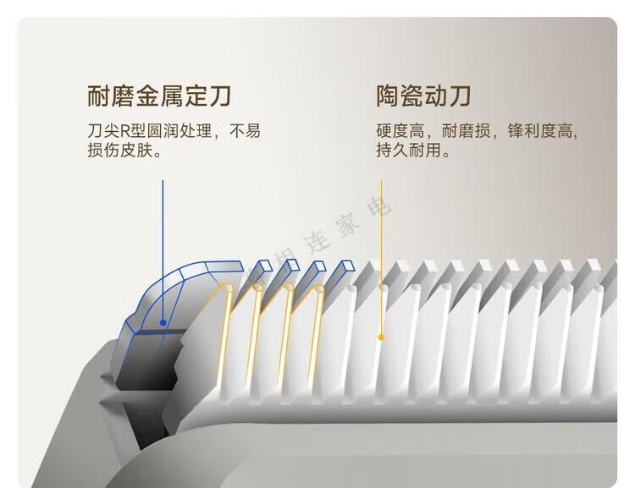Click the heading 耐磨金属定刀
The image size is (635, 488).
click(159, 96)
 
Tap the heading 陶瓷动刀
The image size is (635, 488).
click(423, 96)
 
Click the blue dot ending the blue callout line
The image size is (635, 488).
click(163, 321)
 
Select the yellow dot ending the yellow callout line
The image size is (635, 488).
click(381, 337)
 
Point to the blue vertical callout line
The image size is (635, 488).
click(163, 245)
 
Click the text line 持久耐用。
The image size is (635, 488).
click(414, 152)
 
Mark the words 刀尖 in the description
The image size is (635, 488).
click(101, 131)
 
